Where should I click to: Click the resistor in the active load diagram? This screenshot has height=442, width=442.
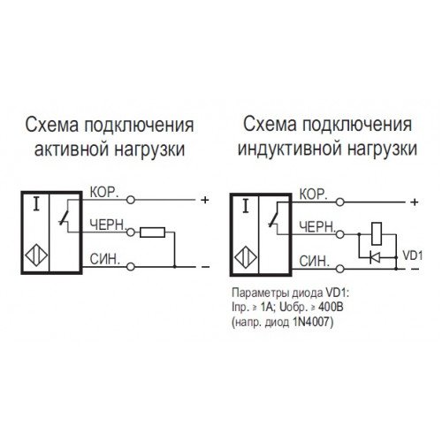coord(152,232)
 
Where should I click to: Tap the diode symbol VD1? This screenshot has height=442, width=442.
coord(374,258)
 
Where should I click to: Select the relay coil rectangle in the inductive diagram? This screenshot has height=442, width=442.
coord(377,234)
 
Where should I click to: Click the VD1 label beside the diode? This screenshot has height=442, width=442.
coord(413,255)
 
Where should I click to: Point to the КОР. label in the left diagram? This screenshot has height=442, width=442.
coord(104,193)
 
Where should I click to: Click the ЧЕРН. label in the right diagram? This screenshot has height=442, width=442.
coord(317,227)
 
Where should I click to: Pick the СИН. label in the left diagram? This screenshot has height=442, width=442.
coord(105,259)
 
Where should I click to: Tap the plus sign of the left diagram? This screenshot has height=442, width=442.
coord(204,200)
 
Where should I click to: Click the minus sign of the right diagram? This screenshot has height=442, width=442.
coord(415,269)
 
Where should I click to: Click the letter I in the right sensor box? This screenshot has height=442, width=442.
coord(245,206)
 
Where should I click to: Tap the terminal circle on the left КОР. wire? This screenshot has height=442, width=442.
coord(131,200)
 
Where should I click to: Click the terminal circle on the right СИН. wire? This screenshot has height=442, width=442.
coord(340,269)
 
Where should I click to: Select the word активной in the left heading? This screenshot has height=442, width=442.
coord(72,149)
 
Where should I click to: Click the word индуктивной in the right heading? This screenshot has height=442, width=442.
coord(289,149)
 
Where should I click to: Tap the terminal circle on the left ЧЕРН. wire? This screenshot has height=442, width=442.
coord(131,232)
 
